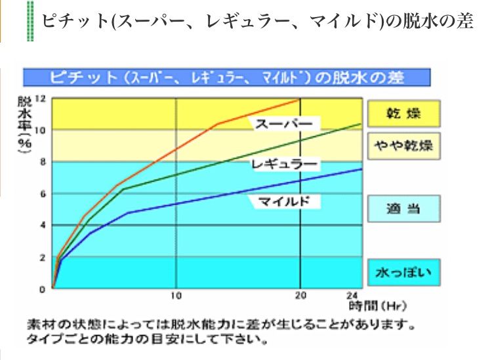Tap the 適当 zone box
point(403,210)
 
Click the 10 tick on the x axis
point(175,294)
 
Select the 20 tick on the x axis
point(300,294)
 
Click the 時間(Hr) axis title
point(373,305)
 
